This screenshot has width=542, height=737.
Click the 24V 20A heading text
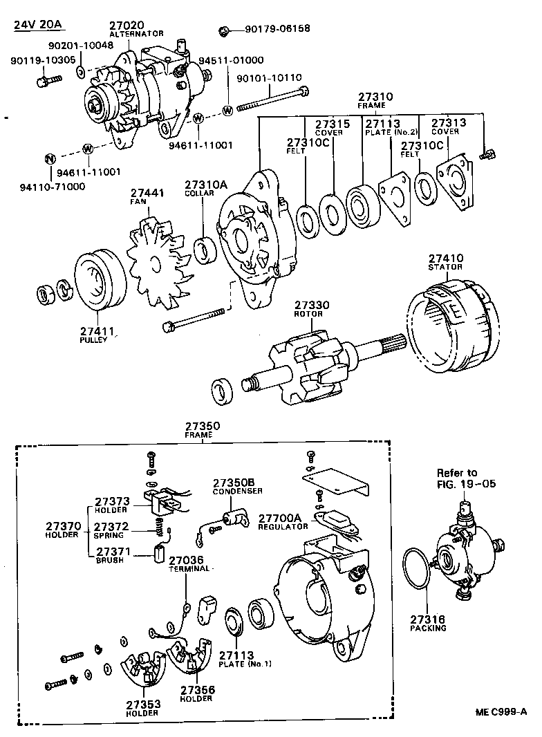pyautogui.click(x=39, y=26)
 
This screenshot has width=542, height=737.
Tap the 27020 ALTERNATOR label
pyautogui.click(x=136, y=28)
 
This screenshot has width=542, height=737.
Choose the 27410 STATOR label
pyautogui.click(x=445, y=262)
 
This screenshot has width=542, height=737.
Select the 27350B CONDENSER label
pyautogui.click(x=237, y=486)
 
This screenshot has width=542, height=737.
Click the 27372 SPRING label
pyautogui.click(x=111, y=530)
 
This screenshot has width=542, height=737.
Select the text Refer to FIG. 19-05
pyautogui.click(x=466, y=478)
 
